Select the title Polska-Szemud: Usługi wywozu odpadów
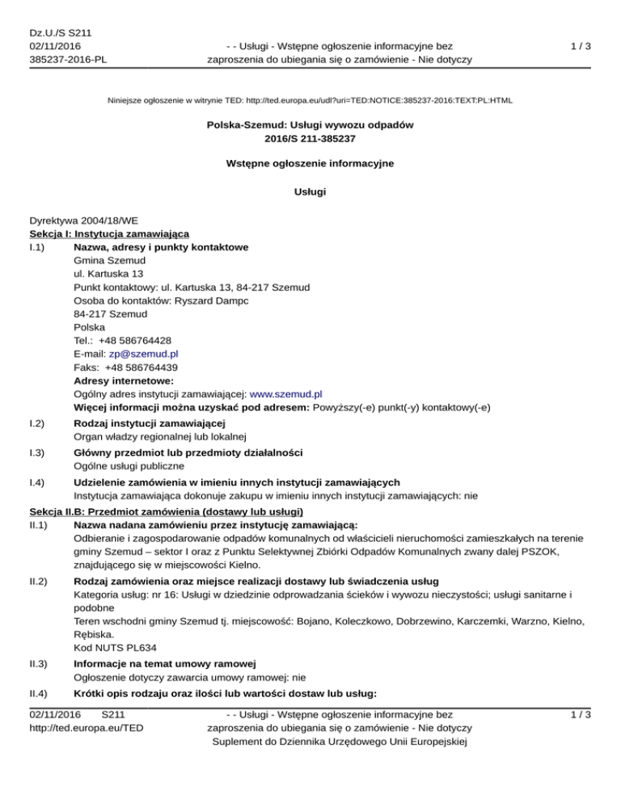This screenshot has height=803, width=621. (x=310, y=125)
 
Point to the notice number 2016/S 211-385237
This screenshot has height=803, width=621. (x=310, y=138)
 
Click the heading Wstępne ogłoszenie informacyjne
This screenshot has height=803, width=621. (x=310, y=164)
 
